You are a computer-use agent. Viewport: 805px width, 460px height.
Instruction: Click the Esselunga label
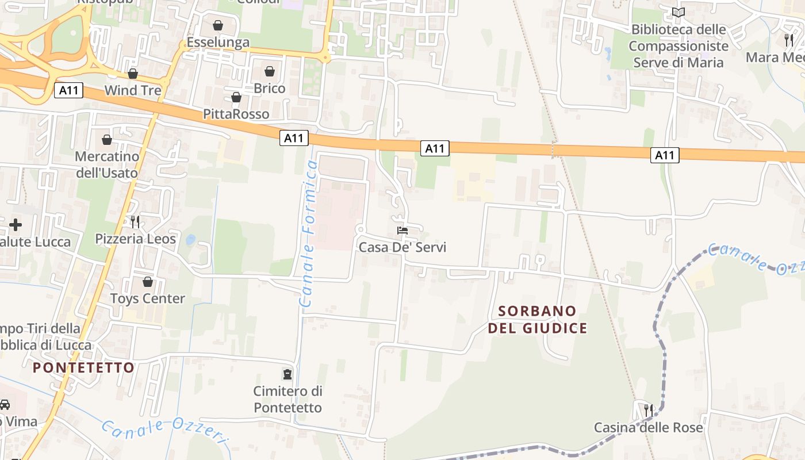218,43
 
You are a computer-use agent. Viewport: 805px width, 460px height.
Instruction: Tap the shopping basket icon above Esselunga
218,25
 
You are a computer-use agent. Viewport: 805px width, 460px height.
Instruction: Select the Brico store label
270,89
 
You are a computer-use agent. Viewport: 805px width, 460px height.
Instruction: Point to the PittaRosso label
236,114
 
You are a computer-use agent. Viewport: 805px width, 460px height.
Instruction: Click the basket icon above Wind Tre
133,74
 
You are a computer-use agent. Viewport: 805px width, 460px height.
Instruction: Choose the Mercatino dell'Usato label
107,164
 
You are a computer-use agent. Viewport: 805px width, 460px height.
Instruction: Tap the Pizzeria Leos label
135,239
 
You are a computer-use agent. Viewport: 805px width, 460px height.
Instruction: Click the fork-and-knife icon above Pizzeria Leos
135,221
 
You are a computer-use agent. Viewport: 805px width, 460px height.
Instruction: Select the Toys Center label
148,298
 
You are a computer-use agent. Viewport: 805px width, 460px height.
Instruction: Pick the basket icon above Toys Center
148,282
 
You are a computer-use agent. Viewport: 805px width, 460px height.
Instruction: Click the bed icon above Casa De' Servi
402,231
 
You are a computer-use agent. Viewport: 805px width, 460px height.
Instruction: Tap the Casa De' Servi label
402,247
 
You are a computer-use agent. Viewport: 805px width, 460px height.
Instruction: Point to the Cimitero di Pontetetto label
287,399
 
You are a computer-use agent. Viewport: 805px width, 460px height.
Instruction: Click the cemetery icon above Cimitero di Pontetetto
287,374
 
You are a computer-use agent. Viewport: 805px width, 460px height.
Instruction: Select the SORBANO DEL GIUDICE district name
538,320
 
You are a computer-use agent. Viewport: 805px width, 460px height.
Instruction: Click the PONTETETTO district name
83,367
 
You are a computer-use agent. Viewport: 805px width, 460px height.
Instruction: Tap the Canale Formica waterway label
309,233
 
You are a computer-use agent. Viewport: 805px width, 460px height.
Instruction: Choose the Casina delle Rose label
648,428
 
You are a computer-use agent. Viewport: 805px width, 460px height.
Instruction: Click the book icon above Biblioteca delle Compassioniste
678,12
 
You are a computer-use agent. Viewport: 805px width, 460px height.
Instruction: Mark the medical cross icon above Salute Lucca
16,225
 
